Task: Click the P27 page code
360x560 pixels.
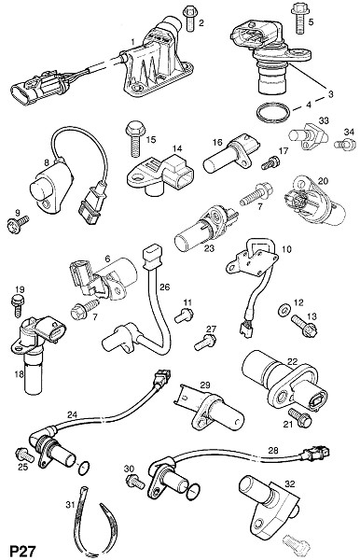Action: click(x=22, y=551)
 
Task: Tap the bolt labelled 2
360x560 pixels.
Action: click(x=189, y=19)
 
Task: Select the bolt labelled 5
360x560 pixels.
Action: click(x=298, y=18)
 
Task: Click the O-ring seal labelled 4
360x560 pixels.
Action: click(x=272, y=113)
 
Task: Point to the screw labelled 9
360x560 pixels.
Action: click(x=18, y=225)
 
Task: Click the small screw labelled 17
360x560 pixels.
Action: click(x=270, y=162)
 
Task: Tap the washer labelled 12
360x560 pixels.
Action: click(x=284, y=311)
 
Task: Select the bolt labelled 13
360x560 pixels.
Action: click(x=305, y=326)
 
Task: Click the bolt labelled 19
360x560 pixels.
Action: click(x=18, y=306)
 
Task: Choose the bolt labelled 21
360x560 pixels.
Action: click(x=299, y=418)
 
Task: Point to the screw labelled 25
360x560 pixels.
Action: click(x=24, y=455)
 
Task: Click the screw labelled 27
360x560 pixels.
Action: click(x=205, y=343)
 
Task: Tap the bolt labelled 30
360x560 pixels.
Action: click(x=135, y=482)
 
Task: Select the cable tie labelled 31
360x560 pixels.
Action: click(x=93, y=517)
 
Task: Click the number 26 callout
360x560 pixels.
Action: click(x=165, y=287)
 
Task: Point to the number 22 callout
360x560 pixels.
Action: click(x=292, y=361)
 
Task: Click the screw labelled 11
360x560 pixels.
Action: click(x=184, y=315)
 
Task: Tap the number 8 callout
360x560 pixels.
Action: click(x=47, y=162)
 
